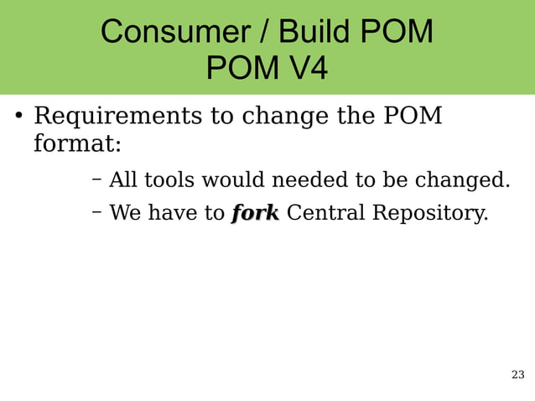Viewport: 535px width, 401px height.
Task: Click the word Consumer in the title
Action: click(166, 33)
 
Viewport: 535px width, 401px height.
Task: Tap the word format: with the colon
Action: click(77, 144)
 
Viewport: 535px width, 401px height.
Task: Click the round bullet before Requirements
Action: click(16, 116)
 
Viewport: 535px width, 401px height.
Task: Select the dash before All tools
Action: click(96, 179)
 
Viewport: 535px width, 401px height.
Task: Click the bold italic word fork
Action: click(255, 213)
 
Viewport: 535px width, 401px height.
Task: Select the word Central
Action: click(325, 213)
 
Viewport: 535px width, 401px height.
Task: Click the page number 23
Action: click(517, 374)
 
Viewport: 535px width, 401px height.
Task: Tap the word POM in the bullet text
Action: click(413, 115)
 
